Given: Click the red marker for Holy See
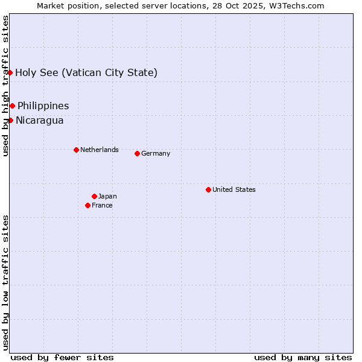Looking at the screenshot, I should (x=10, y=73).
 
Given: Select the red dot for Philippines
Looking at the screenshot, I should (x=12, y=106).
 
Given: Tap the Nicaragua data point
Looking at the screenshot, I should (x=10, y=121).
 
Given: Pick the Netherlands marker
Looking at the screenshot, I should (x=76, y=150).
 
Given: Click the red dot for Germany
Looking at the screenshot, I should (x=137, y=153).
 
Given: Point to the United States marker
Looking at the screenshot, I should (x=208, y=189).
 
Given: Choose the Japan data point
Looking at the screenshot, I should (x=94, y=196).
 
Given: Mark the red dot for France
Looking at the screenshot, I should (x=87, y=205).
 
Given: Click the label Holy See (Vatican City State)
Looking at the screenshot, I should (x=86, y=73).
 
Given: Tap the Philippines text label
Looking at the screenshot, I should (x=43, y=106).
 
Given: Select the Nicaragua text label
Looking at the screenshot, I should (x=39, y=121).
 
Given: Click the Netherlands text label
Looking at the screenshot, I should (x=99, y=150).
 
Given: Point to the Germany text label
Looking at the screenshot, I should (x=156, y=153).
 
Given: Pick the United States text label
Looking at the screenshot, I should (x=233, y=189).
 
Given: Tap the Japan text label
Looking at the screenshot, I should (x=107, y=196).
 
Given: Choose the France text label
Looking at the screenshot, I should (x=102, y=205).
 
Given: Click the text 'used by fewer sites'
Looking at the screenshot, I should (x=62, y=357).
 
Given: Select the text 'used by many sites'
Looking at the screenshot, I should (x=303, y=357).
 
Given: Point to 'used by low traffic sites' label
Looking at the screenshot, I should (x=6, y=282).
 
